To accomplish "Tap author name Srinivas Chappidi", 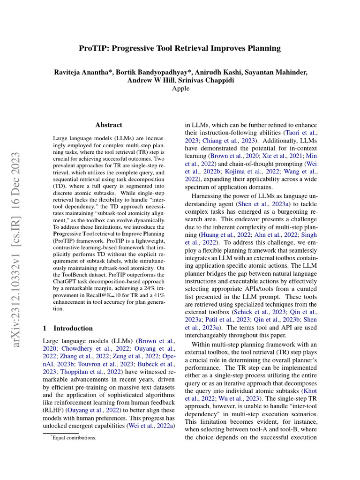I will pos(210,80).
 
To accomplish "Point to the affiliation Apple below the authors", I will pos(180,89).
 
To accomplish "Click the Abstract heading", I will pos(108,125).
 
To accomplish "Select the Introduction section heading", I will pos(73,328).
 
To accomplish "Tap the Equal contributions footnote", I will pos(74,437).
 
